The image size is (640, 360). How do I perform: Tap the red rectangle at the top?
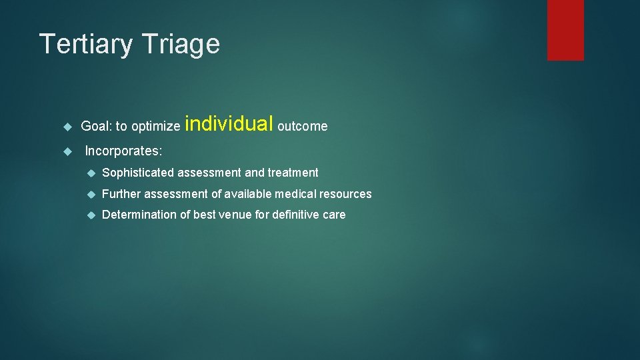pyautogui.click(x=565, y=29)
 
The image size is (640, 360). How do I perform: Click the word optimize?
pyautogui.click(x=155, y=127)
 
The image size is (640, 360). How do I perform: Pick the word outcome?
pyautogui.click(x=303, y=126)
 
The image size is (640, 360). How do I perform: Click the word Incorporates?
pyautogui.click(x=123, y=151)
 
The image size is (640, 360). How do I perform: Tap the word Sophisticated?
pyautogui.click(x=137, y=173)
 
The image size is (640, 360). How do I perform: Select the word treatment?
pyautogui.click(x=293, y=173)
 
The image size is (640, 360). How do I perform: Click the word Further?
pyautogui.click(x=121, y=194)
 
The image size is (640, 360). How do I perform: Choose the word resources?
pyautogui.click(x=345, y=194)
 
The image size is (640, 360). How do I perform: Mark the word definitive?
pyautogui.click(x=295, y=215)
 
